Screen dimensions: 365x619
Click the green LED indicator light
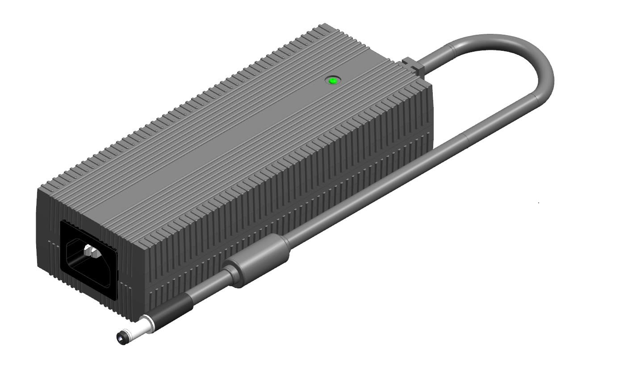(x=333, y=81)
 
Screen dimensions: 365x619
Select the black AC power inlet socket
(x=89, y=258)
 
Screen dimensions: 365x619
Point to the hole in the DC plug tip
(x=120, y=337)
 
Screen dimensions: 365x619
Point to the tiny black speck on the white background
(x=539, y=203)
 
